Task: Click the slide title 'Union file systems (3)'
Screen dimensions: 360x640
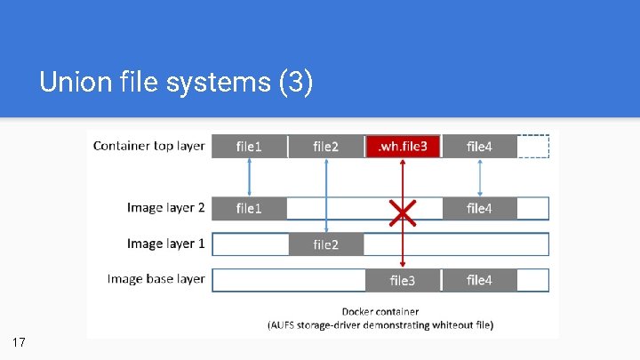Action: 176,84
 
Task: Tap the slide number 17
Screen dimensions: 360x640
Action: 20,342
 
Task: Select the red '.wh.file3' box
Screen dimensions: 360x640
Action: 403,146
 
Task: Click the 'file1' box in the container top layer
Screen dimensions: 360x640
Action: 249,146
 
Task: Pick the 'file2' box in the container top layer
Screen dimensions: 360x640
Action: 325,146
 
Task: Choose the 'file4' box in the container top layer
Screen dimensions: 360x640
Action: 479,146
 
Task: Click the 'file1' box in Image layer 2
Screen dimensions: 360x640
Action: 249,209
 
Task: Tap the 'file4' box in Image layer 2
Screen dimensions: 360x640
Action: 479,209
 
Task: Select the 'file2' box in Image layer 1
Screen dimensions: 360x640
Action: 325,244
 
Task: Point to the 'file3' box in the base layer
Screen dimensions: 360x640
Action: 403,280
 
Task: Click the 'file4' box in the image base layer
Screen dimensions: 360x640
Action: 479,280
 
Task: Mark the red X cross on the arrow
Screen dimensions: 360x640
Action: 403,211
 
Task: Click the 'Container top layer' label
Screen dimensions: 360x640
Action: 148,146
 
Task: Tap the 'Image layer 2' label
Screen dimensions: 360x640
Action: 165,208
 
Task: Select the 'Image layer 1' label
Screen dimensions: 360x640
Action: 165,244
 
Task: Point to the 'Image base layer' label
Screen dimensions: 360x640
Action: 156,279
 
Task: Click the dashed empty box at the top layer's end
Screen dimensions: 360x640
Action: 533,146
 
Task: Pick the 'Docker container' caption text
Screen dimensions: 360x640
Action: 380,312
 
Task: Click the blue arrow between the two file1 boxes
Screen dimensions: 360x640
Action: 249,177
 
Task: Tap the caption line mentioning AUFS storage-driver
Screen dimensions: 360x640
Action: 380,325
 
